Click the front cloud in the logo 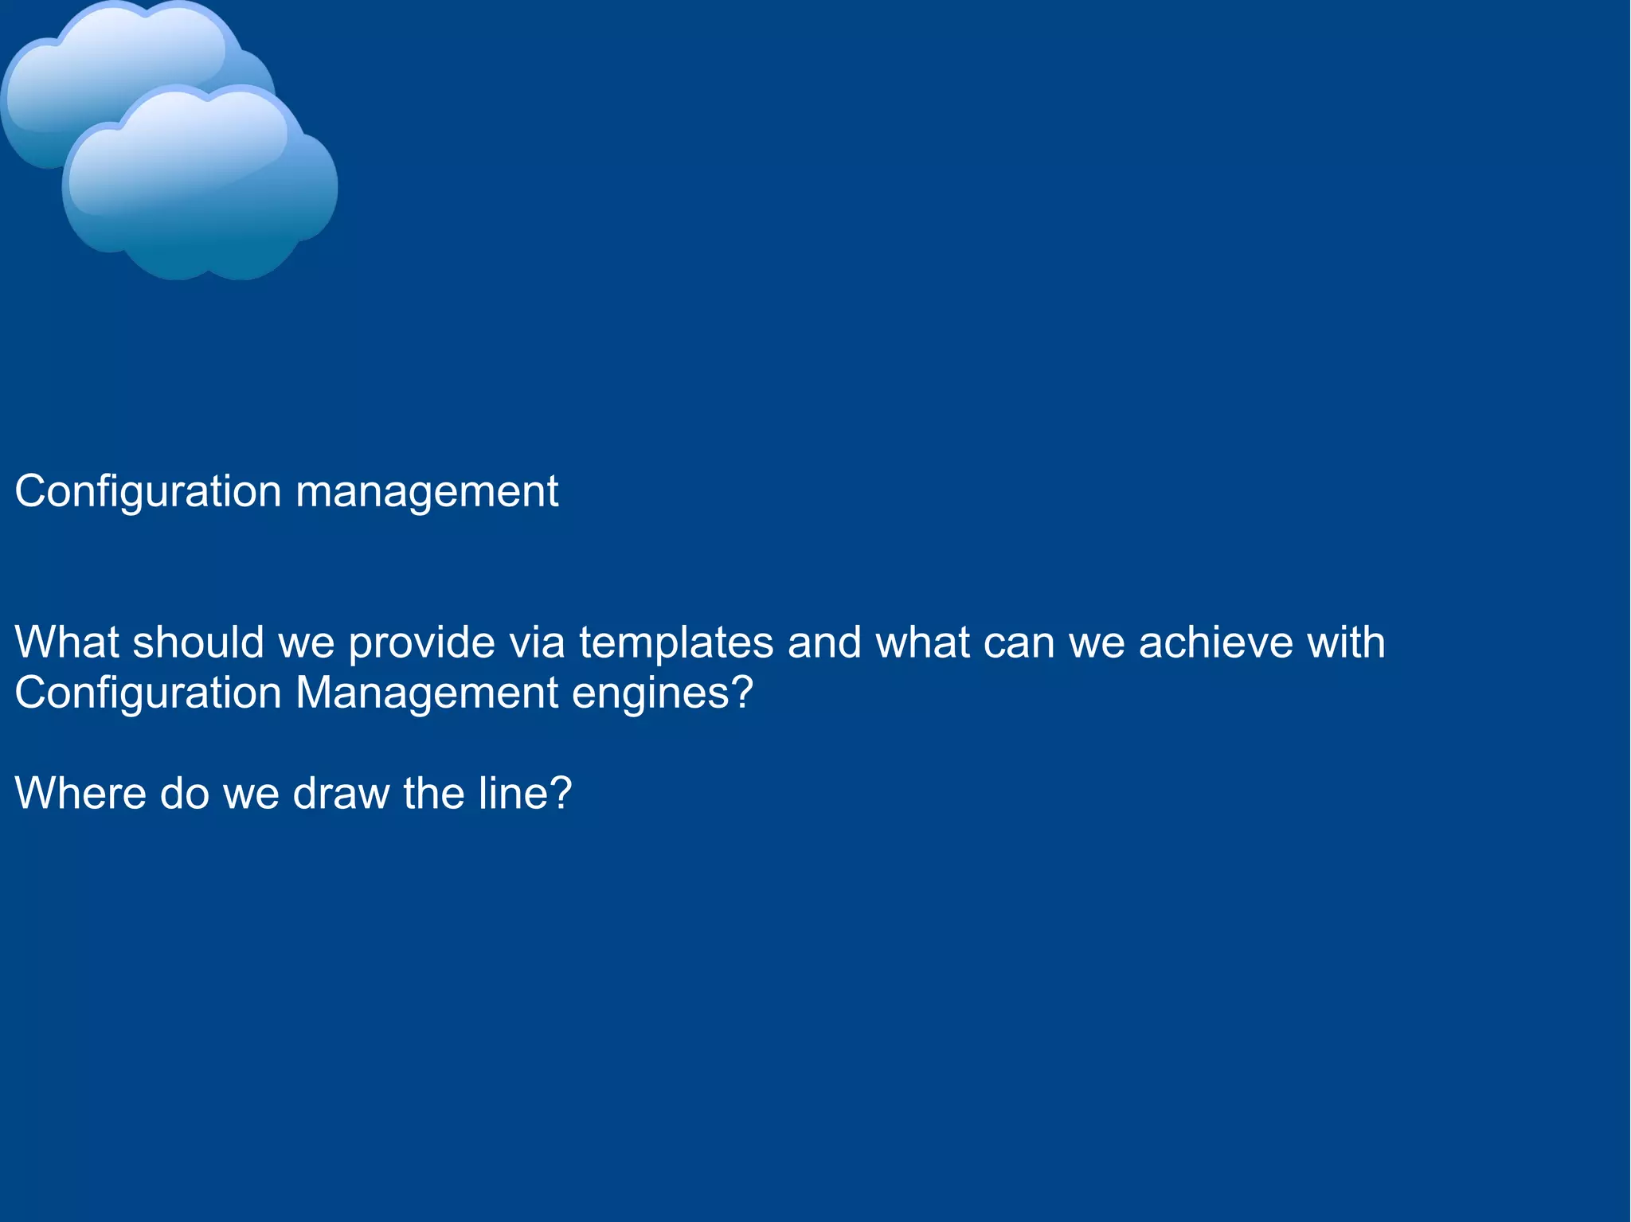[199, 187]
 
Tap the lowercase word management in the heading [427, 492]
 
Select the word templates [676, 642]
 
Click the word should [198, 642]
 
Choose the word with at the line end [1346, 642]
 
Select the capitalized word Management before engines [427, 693]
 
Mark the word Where [80, 794]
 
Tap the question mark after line [561, 794]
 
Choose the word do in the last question [185, 794]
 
